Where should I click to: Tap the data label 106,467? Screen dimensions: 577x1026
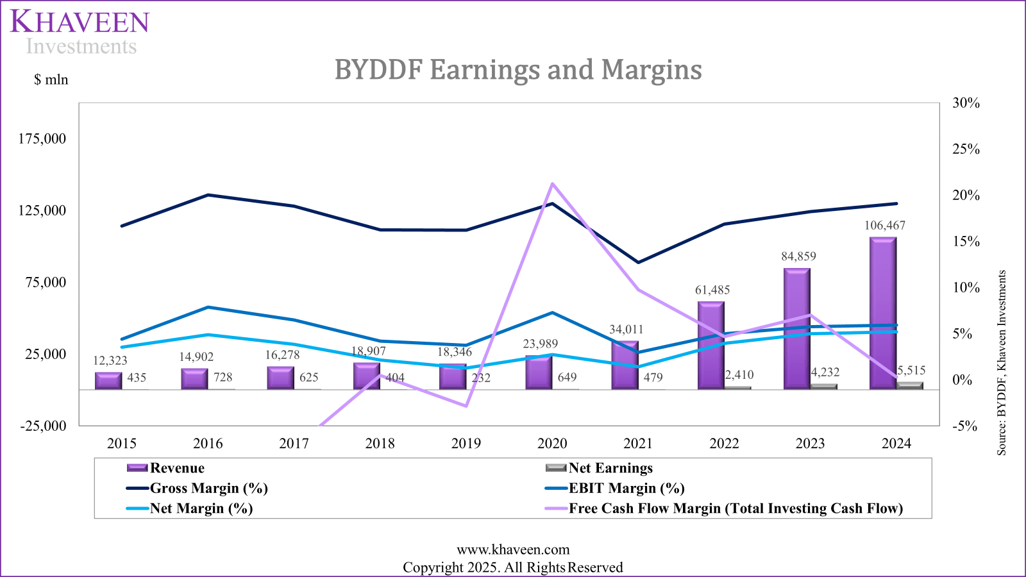point(884,226)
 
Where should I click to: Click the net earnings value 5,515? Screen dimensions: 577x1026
point(911,371)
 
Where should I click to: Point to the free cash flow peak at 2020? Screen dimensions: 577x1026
point(552,184)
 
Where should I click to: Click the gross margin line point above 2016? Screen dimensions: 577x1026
point(208,195)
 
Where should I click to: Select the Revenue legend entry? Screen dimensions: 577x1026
point(176,468)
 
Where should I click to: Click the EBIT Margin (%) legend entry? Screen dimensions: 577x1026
point(626,489)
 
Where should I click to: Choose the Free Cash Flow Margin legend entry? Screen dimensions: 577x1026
point(735,508)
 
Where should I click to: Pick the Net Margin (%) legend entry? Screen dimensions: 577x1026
point(201,508)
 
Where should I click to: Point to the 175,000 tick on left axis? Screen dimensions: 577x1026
point(42,139)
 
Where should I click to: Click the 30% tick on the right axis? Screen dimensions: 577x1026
point(966,103)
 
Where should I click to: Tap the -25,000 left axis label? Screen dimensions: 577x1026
point(43,426)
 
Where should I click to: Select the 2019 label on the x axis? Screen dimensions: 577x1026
point(466,444)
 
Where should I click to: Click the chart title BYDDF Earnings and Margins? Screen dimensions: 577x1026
point(518,69)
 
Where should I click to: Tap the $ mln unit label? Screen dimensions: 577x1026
point(51,79)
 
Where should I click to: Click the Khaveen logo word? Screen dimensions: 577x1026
point(80,22)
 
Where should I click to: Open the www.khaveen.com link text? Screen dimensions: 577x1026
point(513,549)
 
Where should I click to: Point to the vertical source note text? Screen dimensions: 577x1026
point(1002,363)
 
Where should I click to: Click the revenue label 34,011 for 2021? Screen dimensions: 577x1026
point(626,330)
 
